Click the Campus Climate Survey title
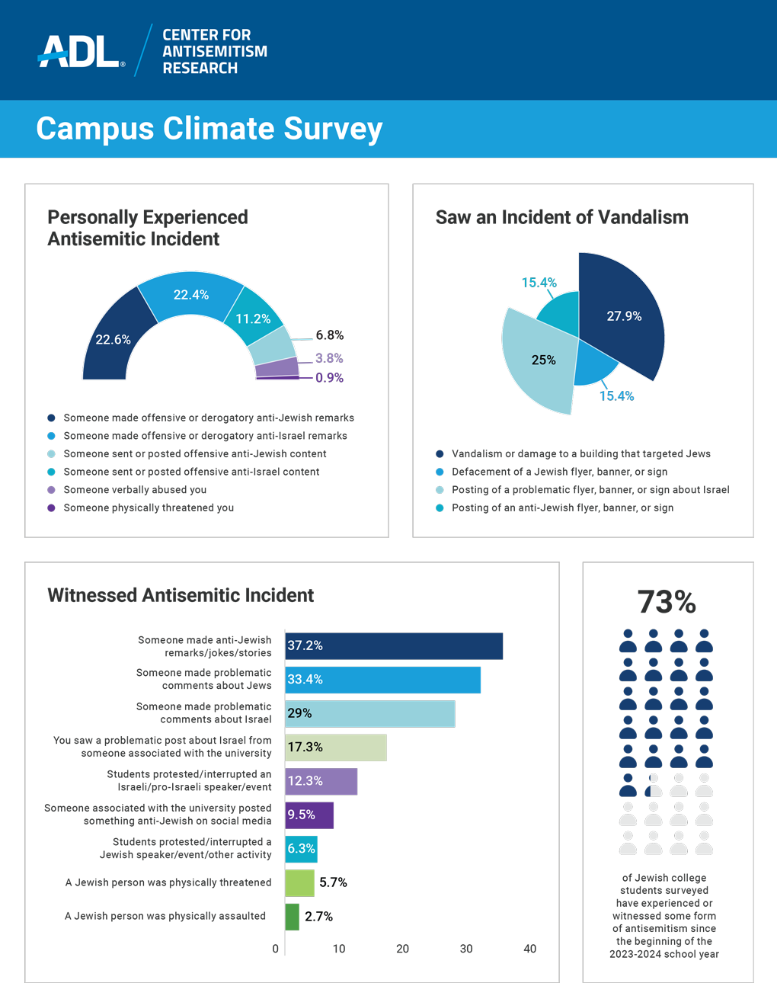(209, 129)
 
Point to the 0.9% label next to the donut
(329, 378)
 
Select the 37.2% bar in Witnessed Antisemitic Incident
(393, 646)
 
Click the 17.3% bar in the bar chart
(336, 748)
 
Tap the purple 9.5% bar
(309, 815)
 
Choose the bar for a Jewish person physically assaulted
(293, 917)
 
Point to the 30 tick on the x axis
(466, 949)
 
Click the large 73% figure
(667, 602)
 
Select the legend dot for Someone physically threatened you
(52, 508)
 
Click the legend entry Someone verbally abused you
(135, 490)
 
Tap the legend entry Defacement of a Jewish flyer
(559, 472)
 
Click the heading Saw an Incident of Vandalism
(561, 217)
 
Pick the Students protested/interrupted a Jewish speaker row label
(191, 849)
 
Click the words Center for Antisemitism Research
(214, 52)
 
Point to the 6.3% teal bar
(301, 849)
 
